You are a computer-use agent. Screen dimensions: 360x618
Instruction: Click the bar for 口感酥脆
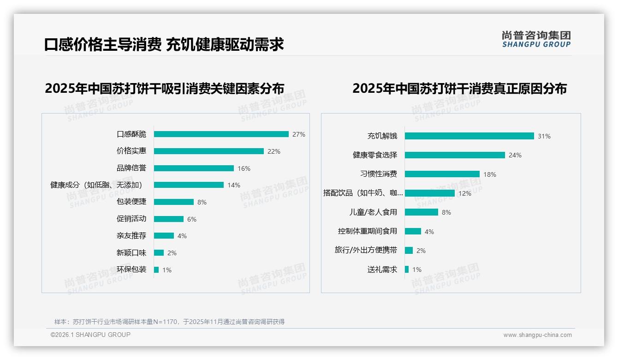pyautogui.click(x=221, y=134)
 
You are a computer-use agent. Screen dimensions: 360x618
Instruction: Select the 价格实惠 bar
pyautogui.click(x=208, y=151)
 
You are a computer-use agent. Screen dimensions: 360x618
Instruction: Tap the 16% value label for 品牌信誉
pyautogui.click(x=244, y=168)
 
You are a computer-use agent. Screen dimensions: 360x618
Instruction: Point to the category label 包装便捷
pyautogui.click(x=131, y=202)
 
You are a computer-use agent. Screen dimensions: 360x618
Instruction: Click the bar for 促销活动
pyautogui.click(x=168, y=219)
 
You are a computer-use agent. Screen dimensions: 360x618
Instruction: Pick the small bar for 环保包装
pyautogui.click(x=156, y=270)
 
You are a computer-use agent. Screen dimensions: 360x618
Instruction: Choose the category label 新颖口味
pyautogui.click(x=131, y=253)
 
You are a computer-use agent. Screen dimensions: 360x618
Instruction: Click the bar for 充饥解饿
pyautogui.click(x=469, y=136)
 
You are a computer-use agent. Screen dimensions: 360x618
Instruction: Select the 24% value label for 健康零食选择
pyautogui.click(x=515, y=156)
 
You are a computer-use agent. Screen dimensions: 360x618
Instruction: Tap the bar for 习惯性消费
pyautogui.click(x=442, y=174)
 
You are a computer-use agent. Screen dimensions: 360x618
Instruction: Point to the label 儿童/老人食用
pyautogui.click(x=373, y=212)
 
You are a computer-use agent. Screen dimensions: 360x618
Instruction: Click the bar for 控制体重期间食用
pyautogui.click(x=413, y=231)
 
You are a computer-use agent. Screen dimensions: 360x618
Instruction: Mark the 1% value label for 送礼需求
pyautogui.click(x=417, y=270)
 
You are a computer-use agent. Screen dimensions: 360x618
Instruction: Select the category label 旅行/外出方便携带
pyautogui.click(x=366, y=250)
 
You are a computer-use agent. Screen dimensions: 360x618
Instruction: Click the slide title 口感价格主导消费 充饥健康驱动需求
pyautogui.click(x=164, y=44)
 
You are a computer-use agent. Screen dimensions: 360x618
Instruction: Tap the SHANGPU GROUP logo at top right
pyautogui.click(x=536, y=39)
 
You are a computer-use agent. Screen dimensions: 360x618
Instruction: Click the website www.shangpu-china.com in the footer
pyautogui.click(x=537, y=335)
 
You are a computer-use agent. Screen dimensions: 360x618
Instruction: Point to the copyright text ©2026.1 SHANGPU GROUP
pyautogui.click(x=90, y=335)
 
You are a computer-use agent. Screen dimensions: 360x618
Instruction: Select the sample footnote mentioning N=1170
pyautogui.click(x=169, y=322)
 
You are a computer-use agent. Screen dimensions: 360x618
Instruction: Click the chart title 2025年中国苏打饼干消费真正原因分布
pyautogui.click(x=459, y=88)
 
